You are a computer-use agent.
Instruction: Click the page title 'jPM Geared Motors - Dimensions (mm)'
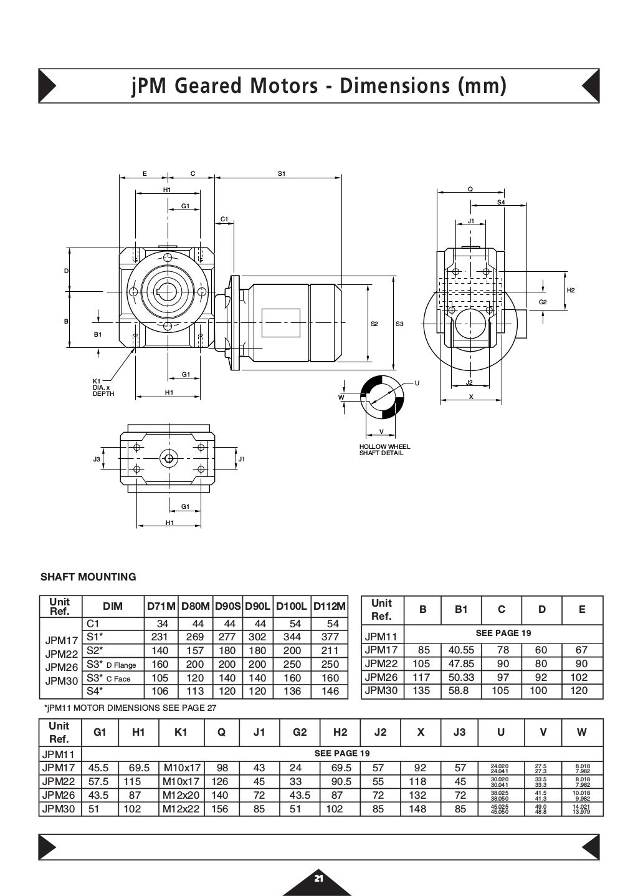coord(319,85)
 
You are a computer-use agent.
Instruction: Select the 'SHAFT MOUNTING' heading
coord(88,577)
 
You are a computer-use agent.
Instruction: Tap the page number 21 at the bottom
coord(318,879)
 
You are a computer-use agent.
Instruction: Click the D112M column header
coord(330,606)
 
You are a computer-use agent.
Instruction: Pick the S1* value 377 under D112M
coord(330,637)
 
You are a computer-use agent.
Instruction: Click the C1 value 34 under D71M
coord(162,624)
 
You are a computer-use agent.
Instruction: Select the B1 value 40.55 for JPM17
coord(461,650)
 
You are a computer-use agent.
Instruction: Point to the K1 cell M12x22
coord(181,809)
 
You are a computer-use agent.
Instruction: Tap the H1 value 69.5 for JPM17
coord(139,768)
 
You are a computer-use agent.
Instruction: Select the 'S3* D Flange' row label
coord(112,665)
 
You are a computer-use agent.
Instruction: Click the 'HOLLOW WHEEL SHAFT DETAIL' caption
coord(384,450)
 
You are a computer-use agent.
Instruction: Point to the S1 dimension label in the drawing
coord(281,174)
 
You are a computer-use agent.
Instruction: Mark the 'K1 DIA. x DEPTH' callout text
coord(103,387)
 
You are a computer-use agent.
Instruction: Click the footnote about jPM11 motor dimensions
coord(130,708)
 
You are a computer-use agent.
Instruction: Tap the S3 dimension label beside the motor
coord(399,324)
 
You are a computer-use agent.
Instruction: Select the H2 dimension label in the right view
coord(571,290)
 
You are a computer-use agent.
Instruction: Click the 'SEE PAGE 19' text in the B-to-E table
coord(503,633)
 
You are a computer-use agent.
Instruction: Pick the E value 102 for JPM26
coord(581,677)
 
